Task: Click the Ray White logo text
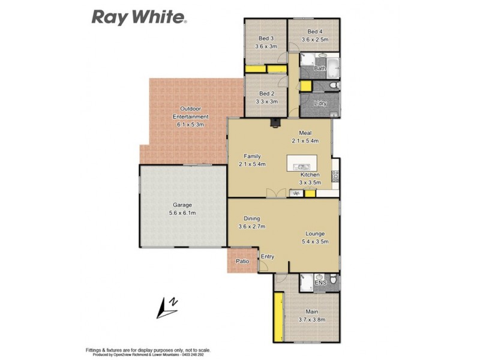tap(139, 16)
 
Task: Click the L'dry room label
tap(320, 103)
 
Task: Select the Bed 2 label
tap(266, 94)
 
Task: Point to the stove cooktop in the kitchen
tap(335, 176)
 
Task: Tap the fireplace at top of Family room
tap(275, 124)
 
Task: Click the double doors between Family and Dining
tap(274, 193)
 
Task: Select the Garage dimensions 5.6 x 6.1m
tap(183, 213)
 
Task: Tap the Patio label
tap(242, 262)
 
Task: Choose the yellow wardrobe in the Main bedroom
tap(278, 314)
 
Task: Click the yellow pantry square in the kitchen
tap(310, 193)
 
